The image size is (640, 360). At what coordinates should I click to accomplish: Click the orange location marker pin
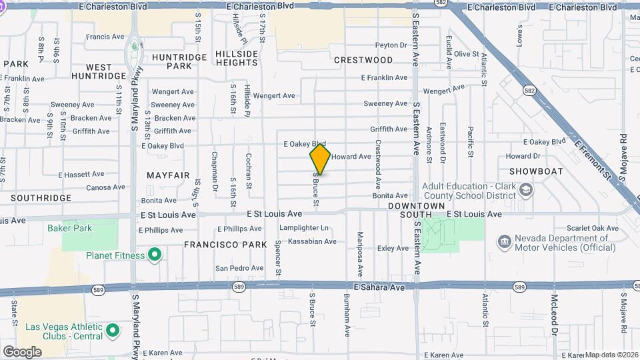(x=320, y=160)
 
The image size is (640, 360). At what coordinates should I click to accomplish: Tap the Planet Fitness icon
(x=155, y=255)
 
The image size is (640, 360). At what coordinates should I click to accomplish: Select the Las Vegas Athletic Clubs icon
(x=113, y=329)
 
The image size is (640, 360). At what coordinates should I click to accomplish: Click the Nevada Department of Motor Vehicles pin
(x=505, y=240)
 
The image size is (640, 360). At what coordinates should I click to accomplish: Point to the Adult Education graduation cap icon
(x=526, y=191)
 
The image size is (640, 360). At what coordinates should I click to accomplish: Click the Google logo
(x=22, y=351)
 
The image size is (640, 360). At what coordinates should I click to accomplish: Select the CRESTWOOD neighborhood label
(x=363, y=60)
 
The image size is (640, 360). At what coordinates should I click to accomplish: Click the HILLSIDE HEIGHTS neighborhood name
(x=237, y=58)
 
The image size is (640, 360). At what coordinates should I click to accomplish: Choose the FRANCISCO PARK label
(x=225, y=245)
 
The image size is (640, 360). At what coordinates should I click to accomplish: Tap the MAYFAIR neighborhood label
(x=164, y=175)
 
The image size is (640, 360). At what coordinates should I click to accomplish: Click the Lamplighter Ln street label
(x=304, y=228)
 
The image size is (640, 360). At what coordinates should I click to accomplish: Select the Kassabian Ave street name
(x=313, y=241)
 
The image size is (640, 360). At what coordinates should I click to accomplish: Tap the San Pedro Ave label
(x=239, y=268)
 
